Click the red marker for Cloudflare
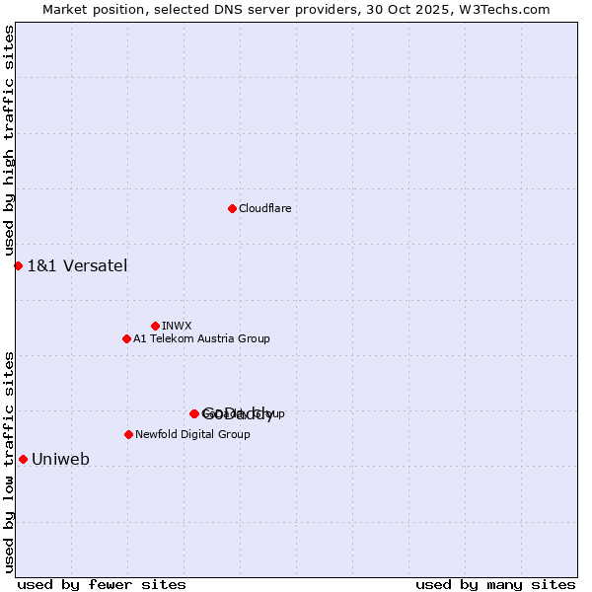pyautogui.click(x=232, y=208)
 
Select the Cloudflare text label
pyautogui.click(x=264, y=208)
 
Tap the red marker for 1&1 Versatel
pyautogui.click(x=18, y=265)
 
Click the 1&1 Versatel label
pyautogui.click(x=77, y=265)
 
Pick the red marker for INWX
pyautogui.click(x=155, y=326)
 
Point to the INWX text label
pyautogui.click(x=177, y=326)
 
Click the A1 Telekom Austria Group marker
pyautogui.click(x=126, y=338)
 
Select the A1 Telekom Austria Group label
pyautogui.click(x=201, y=338)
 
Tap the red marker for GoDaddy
pyautogui.click(x=194, y=413)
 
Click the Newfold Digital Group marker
pyautogui.click(x=128, y=434)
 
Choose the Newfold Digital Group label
pyautogui.click(x=192, y=434)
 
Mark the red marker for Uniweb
pyautogui.click(x=23, y=459)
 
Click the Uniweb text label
pyautogui.click(x=60, y=459)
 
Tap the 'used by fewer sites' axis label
pyautogui.click(x=102, y=584)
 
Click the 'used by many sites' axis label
pyautogui.click(x=495, y=584)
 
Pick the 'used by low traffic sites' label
pyautogui.click(x=9, y=462)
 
